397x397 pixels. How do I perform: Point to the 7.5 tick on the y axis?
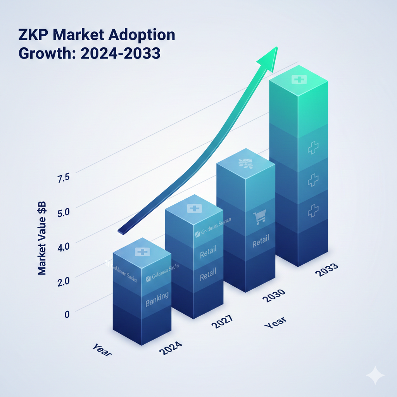coord(63,178)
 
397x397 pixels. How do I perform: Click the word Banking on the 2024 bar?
coord(157,299)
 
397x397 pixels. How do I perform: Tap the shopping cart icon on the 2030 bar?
coord(259,217)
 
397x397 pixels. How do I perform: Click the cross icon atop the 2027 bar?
coord(194,209)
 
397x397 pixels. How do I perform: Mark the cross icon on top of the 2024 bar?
coord(142,252)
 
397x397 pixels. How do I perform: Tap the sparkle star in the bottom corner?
coord(375,375)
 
